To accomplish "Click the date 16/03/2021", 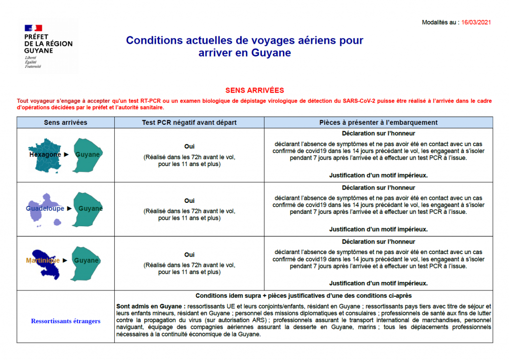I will click(x=477, y=22).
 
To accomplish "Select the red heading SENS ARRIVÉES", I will click(x=254, y=90).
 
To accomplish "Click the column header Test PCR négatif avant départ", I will click(x=189, y=122).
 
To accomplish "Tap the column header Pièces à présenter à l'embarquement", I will click(x=378, y=122).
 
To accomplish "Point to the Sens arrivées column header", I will click(x=66, y=122).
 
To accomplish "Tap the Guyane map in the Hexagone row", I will click(x=88, y=155).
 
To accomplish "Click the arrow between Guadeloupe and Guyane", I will click(x=69, y=209).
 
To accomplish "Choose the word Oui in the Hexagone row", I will click(x=189, y=147).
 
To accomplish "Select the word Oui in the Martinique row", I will click(x=189, y=255).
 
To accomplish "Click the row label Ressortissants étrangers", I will click(x=66, y=321).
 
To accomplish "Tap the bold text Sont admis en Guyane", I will click(x=150, y=306).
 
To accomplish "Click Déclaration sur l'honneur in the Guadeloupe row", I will click(x=378, y=187).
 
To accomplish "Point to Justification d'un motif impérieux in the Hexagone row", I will click(x=378, y=175).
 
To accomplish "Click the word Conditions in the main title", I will click(x=153, y=40).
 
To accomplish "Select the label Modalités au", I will click(x=439, y=22).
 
